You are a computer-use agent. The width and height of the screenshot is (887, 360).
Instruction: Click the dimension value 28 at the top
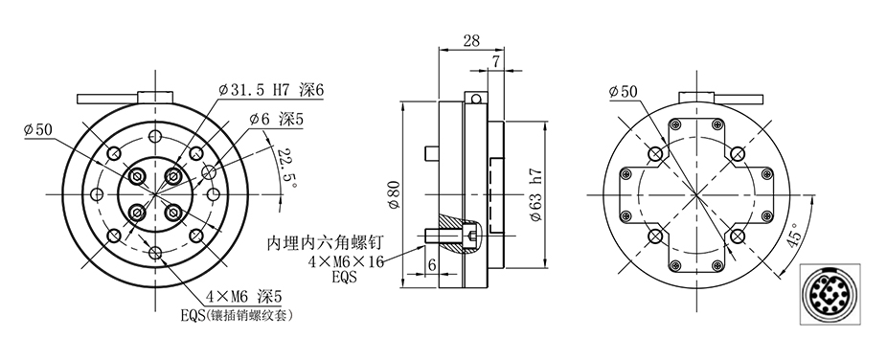471,40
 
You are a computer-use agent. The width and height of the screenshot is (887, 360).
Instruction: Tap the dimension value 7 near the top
495,62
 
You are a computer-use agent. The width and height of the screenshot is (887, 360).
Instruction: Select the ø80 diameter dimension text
395,195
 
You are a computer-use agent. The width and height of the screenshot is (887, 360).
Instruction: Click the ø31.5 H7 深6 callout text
271,90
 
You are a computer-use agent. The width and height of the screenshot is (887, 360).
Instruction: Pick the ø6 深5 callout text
277,120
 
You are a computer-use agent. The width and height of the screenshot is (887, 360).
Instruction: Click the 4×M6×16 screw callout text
346,261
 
